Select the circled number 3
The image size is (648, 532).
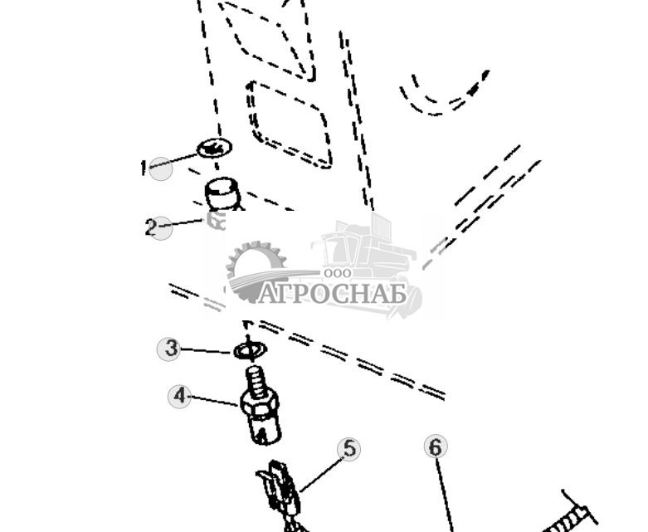coord(170,349)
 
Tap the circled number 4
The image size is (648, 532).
coord(179,396)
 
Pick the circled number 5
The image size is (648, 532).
coord(350,449)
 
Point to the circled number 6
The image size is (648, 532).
coord(436,447)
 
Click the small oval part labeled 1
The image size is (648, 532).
coord(214,149)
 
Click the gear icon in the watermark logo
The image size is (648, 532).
coord(255,267)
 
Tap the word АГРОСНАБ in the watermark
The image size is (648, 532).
coord(332,294)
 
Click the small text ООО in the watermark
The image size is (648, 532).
coord(338,272)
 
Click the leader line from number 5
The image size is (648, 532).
coord(322,472)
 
